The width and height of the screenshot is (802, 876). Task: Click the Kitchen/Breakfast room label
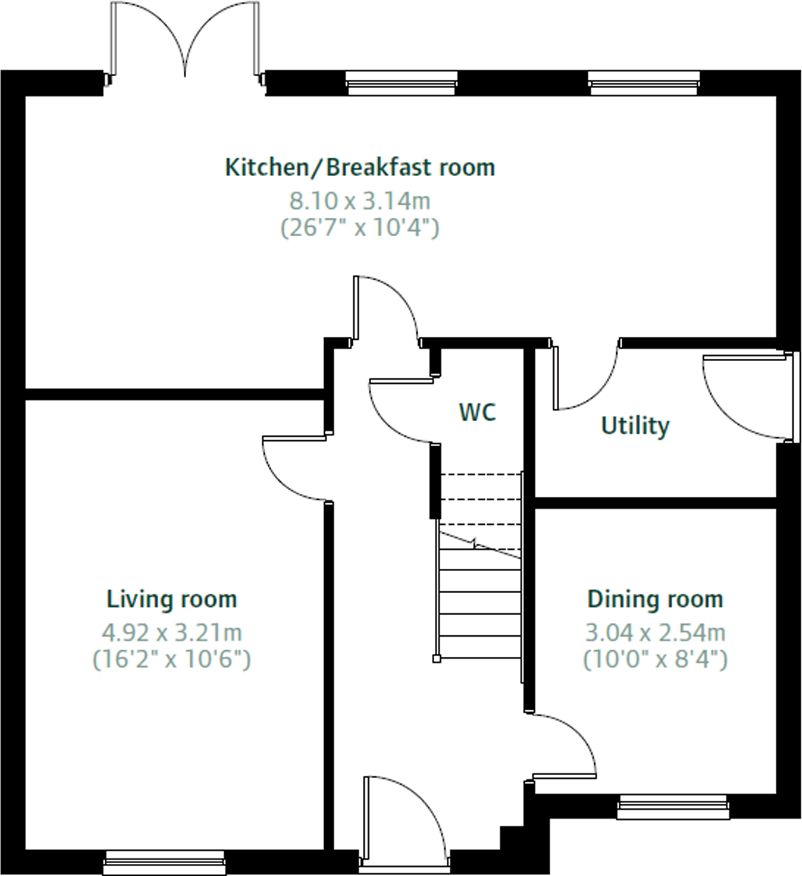pos(360,168)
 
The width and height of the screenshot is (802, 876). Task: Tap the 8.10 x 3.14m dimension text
pos(360,201)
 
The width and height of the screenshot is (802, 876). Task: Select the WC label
pos(477,412)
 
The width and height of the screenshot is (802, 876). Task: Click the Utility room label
pos(635,426)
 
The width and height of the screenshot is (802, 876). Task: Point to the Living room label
pos(172,599)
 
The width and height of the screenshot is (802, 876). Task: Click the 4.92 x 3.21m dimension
pos(172,633)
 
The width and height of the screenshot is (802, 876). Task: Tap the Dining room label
pos(655,599)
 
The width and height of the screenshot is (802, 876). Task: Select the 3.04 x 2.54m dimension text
pos(655,633)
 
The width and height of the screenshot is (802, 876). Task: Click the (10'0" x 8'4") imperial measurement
pos(655,659)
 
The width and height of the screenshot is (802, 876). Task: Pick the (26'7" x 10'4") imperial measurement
pos(360,228)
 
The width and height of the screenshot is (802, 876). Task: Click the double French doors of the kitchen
pos(185,39)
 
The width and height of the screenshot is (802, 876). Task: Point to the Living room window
pos(164,862)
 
